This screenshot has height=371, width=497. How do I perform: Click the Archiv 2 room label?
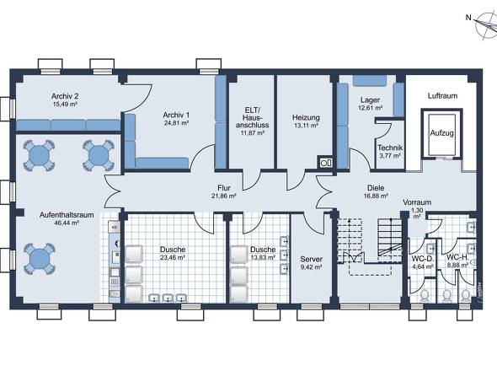click(65, 96)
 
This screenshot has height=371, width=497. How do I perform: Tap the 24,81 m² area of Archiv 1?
click(177, 123)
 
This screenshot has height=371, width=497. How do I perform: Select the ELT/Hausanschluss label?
click(253, 117)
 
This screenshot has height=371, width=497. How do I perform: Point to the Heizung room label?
click(306, 117)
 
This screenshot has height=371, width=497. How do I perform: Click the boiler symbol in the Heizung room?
click(325, 163)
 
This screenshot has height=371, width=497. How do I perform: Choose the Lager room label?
click(370, 100)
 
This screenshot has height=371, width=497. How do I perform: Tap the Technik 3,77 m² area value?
click(390, 156)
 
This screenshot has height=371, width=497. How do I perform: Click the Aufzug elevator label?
click(441, 133)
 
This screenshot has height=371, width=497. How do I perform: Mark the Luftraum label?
click(442, 96)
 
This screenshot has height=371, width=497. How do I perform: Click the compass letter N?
click(468, 18)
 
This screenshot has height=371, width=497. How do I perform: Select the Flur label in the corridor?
click(224, 188)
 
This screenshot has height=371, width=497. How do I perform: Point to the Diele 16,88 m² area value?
click(376, 196)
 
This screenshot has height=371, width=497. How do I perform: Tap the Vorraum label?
click(417, 202)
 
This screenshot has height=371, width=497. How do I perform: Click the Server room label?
click(312, 260)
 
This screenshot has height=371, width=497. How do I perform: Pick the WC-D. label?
click(423, 258)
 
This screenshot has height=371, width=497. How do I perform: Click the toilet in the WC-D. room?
click(424, 296)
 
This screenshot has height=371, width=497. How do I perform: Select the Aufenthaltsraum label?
click(67, 215)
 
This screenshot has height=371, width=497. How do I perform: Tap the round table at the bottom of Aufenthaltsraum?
click(40, 259)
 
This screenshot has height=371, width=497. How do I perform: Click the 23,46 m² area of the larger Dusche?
click(173, 258)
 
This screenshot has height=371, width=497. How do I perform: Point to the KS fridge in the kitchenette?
click(115, 227)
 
